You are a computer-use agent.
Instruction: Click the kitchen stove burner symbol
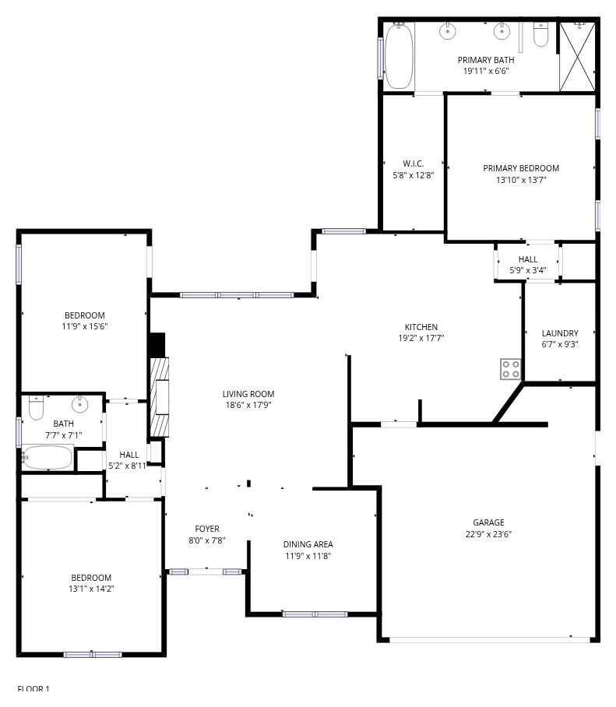click(510, 369)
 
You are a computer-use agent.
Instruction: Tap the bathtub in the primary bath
click(399, 55)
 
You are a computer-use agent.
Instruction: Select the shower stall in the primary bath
click(577, 56)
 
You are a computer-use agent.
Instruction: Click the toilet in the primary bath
click(540, 35)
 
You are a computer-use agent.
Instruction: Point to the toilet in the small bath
click(36, 407)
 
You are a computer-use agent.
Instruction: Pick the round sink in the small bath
click(79, 404)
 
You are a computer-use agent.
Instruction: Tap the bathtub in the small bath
click(48, 458)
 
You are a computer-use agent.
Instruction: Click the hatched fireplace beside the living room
click(159, 397)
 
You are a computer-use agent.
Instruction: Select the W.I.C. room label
click(413, 164)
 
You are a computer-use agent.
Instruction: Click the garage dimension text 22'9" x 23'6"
click(488, 534)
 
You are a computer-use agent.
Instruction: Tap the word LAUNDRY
click(560, 333)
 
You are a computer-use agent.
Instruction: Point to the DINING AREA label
click(308, 544)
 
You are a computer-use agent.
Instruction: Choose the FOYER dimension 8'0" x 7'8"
click(207, 540)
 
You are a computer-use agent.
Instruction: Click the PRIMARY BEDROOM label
click(521, 168)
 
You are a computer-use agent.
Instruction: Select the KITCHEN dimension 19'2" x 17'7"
click(421, 338)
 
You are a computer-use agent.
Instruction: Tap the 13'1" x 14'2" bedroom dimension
click(91, 589)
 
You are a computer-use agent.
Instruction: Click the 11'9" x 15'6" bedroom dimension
click(85, 326)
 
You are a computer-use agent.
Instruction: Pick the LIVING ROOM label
click(248, 394)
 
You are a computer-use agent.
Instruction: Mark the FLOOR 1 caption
click(33, 688)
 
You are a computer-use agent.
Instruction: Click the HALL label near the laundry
click(528, 259)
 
